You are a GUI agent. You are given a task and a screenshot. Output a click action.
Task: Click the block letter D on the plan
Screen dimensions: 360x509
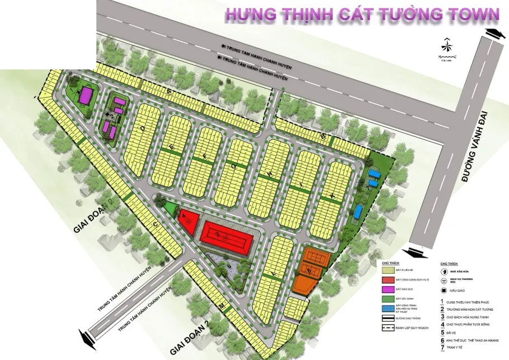(143, 128)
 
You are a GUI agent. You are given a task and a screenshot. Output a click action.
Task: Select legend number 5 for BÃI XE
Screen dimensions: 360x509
(442, 331)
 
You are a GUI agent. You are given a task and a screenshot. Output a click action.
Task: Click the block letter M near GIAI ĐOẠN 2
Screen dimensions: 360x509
(222, 307)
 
